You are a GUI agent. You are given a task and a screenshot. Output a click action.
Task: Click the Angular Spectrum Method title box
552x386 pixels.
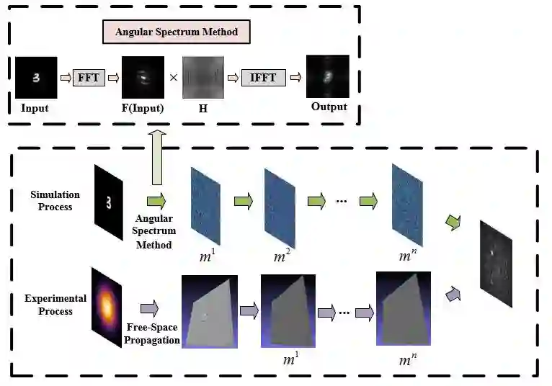coord(177,32)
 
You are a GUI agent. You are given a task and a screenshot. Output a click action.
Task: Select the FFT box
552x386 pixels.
coord(89,77)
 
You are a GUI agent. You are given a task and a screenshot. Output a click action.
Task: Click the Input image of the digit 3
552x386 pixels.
coord(36,78)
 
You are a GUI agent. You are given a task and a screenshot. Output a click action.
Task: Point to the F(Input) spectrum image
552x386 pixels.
coord(143,78)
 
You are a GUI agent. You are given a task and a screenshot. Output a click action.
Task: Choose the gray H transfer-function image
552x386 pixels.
coord(203,78)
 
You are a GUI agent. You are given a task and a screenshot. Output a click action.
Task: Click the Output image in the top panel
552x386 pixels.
coord(329,78)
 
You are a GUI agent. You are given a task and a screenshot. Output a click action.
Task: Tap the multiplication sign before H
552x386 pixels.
coord(173,78)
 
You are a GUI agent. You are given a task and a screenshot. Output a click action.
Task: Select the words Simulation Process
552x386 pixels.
coord(55,201)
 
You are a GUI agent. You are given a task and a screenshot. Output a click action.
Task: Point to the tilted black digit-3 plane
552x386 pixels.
coord(108,201)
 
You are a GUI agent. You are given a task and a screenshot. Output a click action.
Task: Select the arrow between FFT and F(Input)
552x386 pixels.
coord(113,77)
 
